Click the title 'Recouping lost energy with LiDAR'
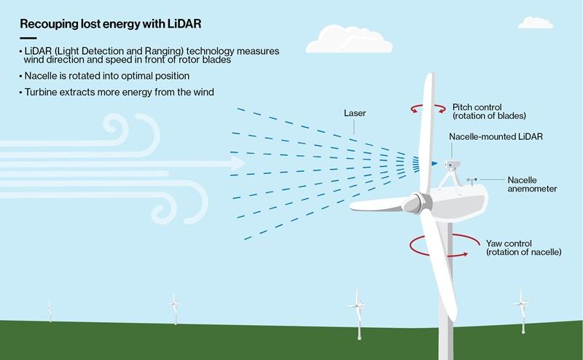(x=111, y=24)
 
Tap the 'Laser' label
(x=355, y=113)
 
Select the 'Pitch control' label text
(x=477, y=107)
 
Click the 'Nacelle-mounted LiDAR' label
(x=496, y=136)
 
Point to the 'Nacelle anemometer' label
(x=532, y=184)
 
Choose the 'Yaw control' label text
(x=509, y=243)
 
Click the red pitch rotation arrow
(x=428, y=109)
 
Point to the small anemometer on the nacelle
(x=472, y=181)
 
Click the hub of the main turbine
(x=416, y=203)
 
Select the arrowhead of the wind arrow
(x=238, y=163)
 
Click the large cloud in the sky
(x=349, y=39)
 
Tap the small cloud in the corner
(x=536, y=23)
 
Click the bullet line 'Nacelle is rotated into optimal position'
(x=104, y=76)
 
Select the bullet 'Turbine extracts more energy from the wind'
(x=117, y=93)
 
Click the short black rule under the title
(x=28, y=38)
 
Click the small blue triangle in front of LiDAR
(x=434, y=163)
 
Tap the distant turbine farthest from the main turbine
(x=50, y=311)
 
